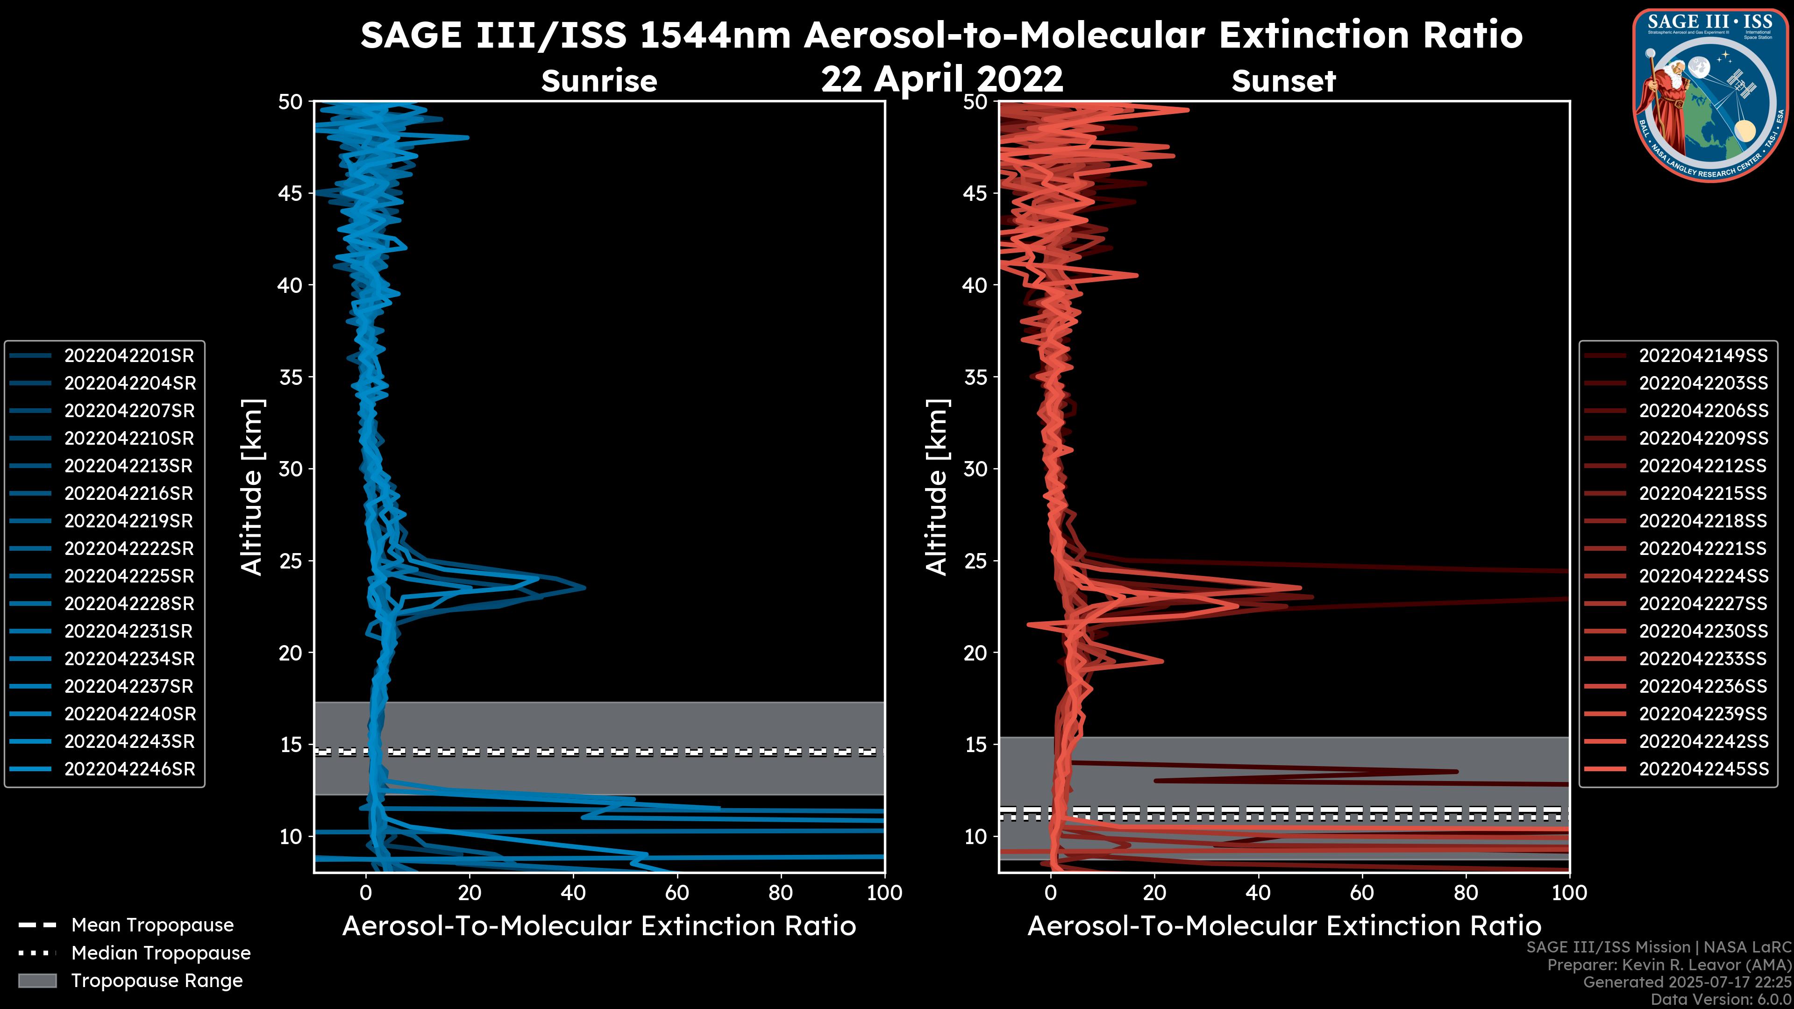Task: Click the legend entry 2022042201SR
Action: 129,356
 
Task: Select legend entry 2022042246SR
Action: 129,769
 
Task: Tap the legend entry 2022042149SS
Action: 1703,356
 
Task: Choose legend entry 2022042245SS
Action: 1703,769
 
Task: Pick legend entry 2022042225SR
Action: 129,576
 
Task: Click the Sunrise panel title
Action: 599,81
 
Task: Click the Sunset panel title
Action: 1283,81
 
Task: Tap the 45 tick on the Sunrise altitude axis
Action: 291,193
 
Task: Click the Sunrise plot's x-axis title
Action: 599,926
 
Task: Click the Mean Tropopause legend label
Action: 152,925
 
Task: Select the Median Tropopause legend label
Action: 161,953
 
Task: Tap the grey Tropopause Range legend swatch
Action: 37,981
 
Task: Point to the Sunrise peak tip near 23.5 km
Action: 584,588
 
